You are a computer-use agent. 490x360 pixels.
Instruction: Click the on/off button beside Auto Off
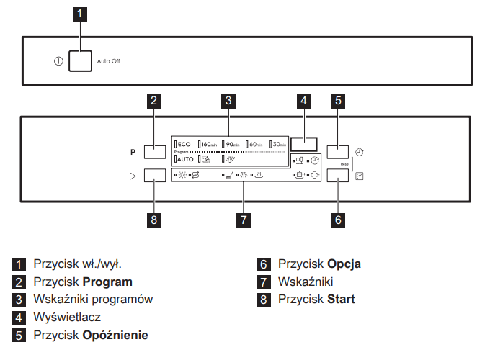coord(81,61)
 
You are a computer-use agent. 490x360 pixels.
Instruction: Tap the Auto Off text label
coord(109,62)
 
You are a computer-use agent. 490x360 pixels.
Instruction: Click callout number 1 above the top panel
coord(81,14)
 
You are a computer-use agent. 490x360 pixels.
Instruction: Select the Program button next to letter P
coord(155,152)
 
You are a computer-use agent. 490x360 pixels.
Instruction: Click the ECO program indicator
coord(184,145)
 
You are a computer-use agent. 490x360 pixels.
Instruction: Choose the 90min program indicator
coord(233,145)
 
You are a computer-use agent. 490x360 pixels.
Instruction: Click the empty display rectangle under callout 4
coord(304,144)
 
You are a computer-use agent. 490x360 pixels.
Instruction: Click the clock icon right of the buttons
coord(360,152)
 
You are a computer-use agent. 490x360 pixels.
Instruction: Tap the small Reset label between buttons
coord(345,164)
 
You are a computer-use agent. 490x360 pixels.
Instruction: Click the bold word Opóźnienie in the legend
coord(115,335)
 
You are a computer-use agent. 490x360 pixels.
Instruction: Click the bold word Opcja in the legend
coord(344,264)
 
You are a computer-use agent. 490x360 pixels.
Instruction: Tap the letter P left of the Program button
coord(133,153)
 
